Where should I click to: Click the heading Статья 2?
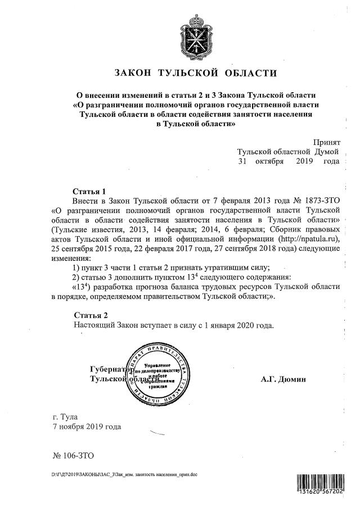pyautogui.click(x=90, y=315)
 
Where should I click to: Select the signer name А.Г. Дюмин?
pyautogui.click(x=283, y=380)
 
